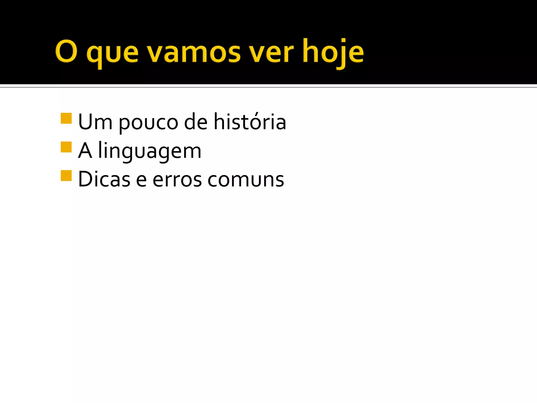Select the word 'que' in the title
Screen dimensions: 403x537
click(112, 54)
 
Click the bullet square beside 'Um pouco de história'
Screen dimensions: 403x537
click(66, 118)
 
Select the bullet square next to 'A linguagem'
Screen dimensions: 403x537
click(66, 147)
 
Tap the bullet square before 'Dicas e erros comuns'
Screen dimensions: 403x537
click(66, 176)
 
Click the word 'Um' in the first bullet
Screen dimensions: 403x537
click(95, 122)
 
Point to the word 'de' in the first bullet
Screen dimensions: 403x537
click(196, 122)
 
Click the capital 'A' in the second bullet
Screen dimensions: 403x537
click(85, 151)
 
